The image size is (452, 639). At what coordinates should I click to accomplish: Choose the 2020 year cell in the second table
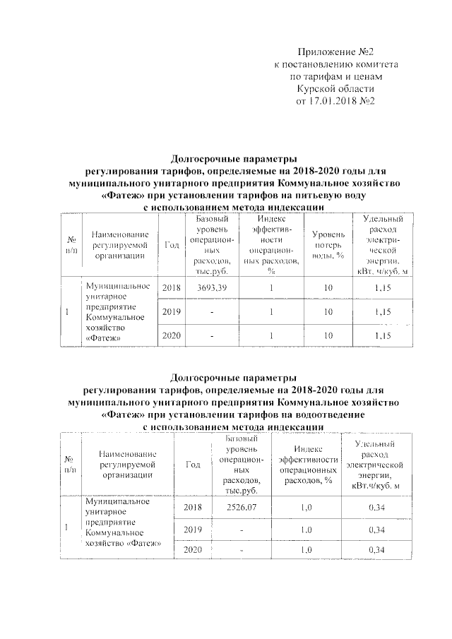point(193,550)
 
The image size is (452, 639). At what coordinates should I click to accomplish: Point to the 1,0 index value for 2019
point(306,530)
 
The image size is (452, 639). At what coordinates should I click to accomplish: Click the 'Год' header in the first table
point(172,244)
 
